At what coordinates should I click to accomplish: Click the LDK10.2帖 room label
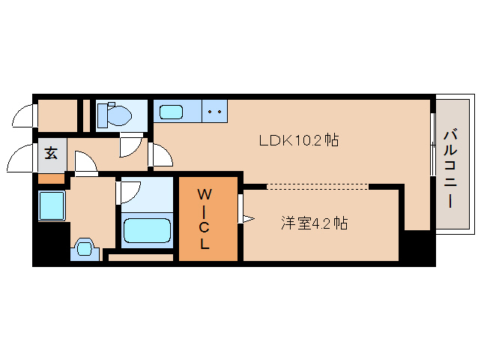297,139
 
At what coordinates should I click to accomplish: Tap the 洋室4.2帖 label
314,223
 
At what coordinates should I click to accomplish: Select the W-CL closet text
204,219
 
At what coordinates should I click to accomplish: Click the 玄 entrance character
51,154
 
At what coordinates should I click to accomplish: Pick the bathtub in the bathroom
147,228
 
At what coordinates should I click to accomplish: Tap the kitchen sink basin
171,112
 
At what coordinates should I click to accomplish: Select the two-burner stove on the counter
215,112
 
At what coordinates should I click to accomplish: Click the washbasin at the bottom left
84,248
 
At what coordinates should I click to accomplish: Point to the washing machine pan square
51,204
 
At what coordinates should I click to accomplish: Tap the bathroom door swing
127,192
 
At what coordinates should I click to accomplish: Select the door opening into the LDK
160,154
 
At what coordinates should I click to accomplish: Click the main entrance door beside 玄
21,160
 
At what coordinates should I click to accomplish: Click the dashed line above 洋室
318,185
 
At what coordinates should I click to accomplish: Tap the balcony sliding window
432,144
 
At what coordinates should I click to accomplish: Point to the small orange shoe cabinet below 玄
51,178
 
